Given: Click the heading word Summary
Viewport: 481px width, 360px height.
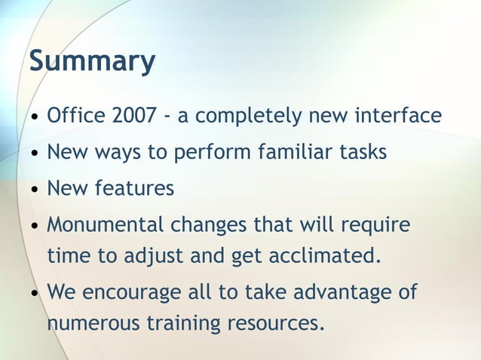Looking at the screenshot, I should pyautogui.click(x=92, y=62).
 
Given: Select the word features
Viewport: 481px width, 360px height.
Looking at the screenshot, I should pyautogui.click(x=133, y=188).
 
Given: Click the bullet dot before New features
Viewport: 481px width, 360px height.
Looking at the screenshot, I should pyautogui.click(x=35, y=189).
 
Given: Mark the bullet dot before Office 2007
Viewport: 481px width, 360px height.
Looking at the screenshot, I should pyautogui.click(x=35, y=117).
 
